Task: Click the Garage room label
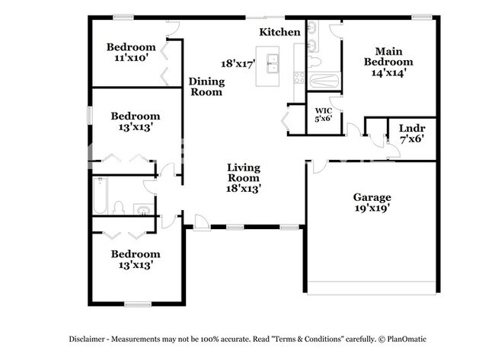coord(372,198)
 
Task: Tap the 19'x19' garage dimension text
coord(372,209)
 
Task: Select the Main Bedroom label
coord(388,56)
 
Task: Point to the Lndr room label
coord(412,129)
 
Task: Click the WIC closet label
coord(324,111)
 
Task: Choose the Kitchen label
coord(279,32)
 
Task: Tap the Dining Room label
coord(207,87)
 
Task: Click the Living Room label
coord(244,173)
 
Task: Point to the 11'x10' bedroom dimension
coord(131,58)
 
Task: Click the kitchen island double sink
coord(272,64)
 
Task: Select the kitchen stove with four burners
coord(299,78)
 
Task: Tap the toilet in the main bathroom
coord(314,62)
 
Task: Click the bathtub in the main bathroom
coord(324,81)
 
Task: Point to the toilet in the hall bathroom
coord(119,208)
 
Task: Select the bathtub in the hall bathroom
coord(100,196)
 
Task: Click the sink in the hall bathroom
coord(144,210)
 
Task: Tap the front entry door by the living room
coord(202,223)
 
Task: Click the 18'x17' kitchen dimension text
coord(238,64)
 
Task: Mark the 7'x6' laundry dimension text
coord(412,139)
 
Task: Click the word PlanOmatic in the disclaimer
coord(407,339)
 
